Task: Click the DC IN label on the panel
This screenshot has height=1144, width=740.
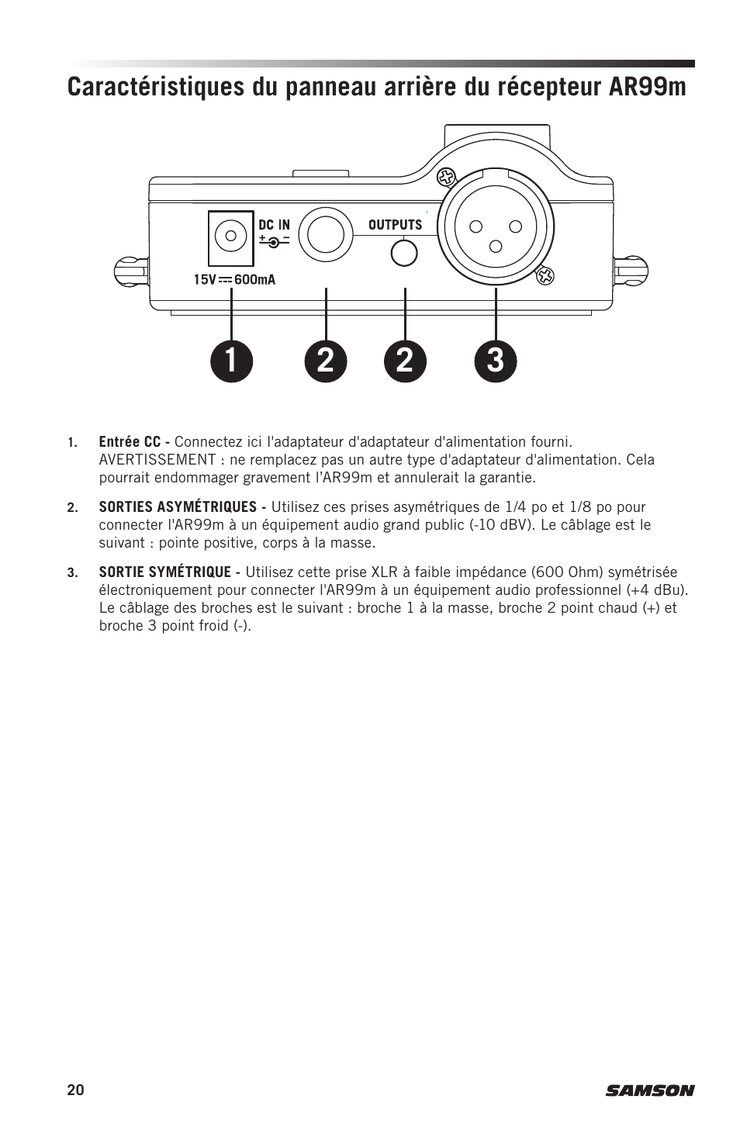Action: [274, 225]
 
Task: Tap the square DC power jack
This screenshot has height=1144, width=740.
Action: [231, 238]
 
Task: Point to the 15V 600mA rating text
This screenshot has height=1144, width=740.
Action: [234, 279]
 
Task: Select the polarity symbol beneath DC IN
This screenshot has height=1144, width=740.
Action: [274, 241]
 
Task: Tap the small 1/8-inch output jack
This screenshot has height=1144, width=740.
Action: [404, 252]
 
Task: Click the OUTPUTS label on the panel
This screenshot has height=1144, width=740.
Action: [395, 225]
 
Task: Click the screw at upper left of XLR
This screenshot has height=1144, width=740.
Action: [445, 178]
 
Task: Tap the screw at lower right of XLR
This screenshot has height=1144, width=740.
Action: [546, 275]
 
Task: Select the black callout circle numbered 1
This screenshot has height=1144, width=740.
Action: [231, 361]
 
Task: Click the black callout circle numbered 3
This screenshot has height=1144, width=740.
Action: [496, 361]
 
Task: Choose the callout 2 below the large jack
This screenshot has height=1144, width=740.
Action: [326, 361]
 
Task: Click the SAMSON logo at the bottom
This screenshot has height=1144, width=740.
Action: [650, 1090]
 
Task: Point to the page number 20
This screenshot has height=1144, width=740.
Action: [74, 1090]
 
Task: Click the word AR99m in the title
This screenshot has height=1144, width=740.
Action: [647, 87]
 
